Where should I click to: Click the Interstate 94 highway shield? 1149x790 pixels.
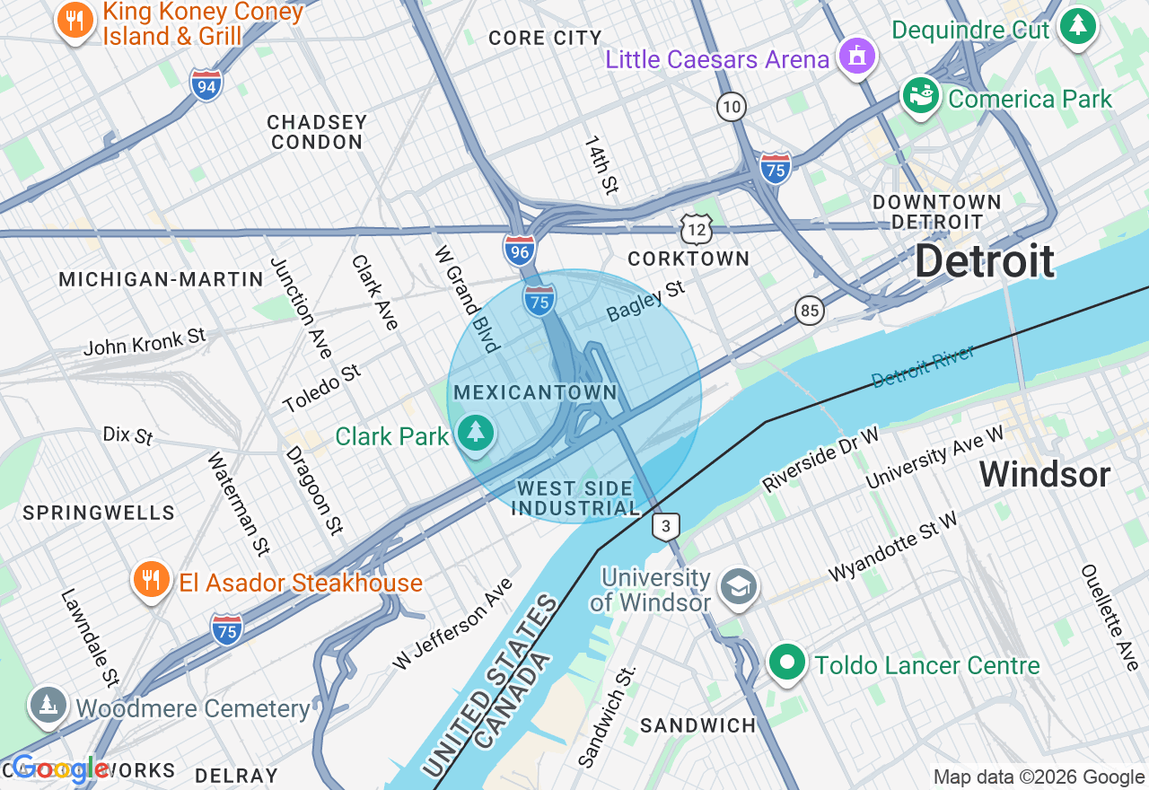[206, 85]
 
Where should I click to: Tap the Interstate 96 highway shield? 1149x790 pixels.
[520, 249]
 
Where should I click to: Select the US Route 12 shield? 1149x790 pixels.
[696, 229]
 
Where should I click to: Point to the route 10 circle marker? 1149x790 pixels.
[732, 108]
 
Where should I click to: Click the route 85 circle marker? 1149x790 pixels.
[810, 311]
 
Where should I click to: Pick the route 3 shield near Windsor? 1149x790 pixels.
[665, 527]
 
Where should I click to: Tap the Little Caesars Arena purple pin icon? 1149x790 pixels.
[856, 57]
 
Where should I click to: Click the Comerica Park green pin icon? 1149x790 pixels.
[920, 95]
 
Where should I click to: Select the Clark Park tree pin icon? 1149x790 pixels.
[476, 434]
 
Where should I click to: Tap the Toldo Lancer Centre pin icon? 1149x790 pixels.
[787, 663]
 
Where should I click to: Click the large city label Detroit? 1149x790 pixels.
[985, 261]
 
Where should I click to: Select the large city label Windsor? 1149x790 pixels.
[1045, 474]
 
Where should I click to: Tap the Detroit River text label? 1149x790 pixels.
[923, 366]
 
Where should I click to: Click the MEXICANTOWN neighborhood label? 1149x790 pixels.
[536, 392]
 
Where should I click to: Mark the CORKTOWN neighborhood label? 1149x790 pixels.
[689, 259]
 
